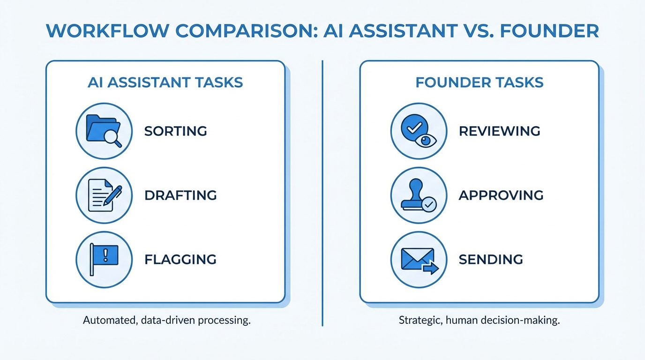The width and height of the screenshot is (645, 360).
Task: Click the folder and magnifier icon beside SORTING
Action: [x=104, y=131]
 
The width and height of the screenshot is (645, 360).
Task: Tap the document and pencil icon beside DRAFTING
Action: [x=104, y=195]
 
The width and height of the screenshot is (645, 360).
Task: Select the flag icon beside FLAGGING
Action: [x=104, y=259]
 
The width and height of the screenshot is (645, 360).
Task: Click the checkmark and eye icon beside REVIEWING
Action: [x=419, y=131]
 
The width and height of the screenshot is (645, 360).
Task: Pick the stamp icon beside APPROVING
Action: [x=419, y=195]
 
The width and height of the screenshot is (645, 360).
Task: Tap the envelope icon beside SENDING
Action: [x=419, y=259]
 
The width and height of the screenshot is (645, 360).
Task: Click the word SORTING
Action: [x=175, y=131]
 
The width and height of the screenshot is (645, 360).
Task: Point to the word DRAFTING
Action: [x=180, y=195]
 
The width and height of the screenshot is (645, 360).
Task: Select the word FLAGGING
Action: [x=180, y=259]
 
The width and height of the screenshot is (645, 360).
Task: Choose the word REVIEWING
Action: [x=499, y=131]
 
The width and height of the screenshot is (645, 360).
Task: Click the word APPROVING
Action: [x=501, y=195]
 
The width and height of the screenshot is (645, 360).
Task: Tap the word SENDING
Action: [x=491, y=259]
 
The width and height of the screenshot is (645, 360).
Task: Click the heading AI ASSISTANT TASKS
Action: [x=165, y=83]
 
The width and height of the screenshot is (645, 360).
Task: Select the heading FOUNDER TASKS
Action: [x=480, y=83]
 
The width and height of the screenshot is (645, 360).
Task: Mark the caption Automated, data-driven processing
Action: [x=166, y=321]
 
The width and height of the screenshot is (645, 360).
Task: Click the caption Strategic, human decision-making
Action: [x=480, y=321]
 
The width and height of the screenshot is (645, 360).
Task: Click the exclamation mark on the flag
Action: [x=105, y=255]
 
